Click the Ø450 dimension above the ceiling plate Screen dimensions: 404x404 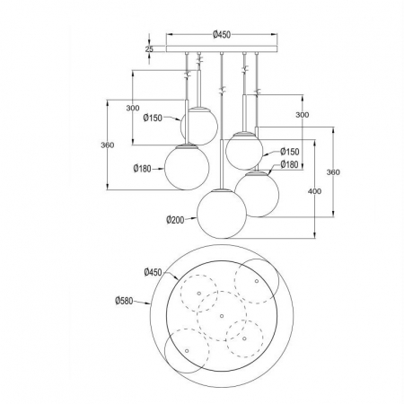222,35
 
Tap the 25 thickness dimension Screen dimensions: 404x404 149,49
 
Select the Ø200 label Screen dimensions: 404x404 175,220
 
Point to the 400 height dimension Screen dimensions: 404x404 314,191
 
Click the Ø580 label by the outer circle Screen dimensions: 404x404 124,301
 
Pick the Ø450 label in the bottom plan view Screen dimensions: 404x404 153,272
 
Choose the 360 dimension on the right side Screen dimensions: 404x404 333,172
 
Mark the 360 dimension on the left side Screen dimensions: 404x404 107,145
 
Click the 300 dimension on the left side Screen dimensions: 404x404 133,108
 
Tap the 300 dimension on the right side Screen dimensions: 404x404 303,115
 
